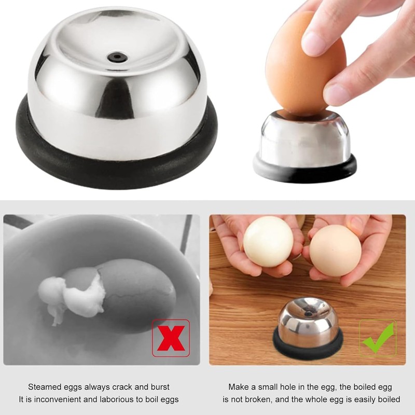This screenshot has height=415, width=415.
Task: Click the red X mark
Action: (x=171, y=338)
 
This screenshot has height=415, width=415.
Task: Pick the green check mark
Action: (x=377, y=338)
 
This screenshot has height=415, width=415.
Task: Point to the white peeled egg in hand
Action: (x=268, y=241)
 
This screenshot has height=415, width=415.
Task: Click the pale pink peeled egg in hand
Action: (x=335, y=250)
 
